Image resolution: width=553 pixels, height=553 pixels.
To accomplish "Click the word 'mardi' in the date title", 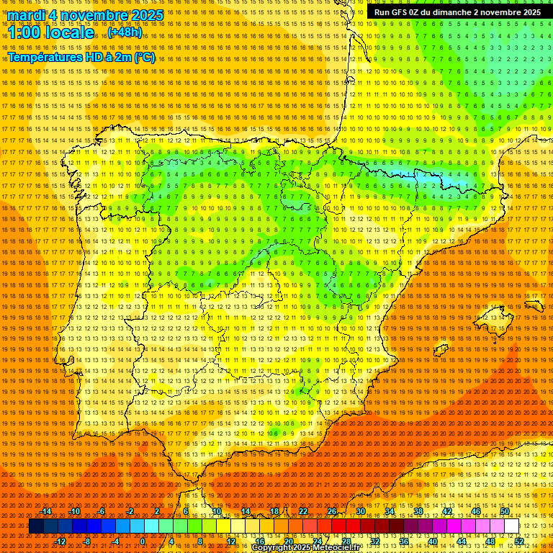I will [x=25, y=15].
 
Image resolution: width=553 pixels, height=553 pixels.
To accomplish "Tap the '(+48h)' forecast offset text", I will [x=125, y=32].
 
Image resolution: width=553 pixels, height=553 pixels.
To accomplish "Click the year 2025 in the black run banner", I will [x=529, y=12].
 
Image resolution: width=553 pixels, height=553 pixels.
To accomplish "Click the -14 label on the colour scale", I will [x=47, y=511].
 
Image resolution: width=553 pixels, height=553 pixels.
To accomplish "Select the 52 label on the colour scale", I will [x=519, y=541].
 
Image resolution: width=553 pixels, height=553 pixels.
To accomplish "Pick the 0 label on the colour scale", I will [x=143, y=541].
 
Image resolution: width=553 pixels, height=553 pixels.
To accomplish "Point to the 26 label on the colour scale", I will [x=332, y=511].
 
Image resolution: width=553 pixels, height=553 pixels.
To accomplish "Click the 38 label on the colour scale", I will [x=418, y=511].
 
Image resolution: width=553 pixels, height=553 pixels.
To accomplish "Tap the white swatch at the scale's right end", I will [x=512, y=526].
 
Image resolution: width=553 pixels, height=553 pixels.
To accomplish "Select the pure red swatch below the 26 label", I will [x=338, y=526].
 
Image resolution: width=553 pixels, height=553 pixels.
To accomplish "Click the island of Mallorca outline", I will [x=494, y=315].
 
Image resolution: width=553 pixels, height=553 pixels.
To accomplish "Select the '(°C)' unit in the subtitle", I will [x=144, y=58].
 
